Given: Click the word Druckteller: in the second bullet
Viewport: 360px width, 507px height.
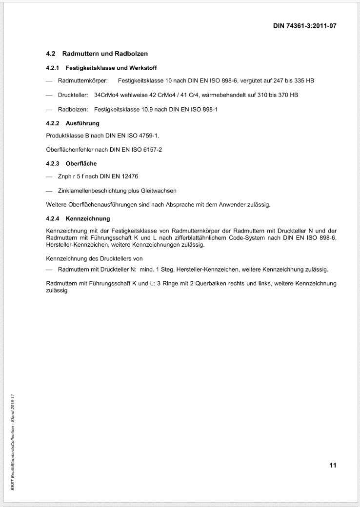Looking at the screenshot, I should tap(73, 95).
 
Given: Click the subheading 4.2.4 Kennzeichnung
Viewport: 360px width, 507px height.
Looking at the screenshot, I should tap(78, 218).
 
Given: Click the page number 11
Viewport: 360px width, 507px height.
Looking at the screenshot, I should tap(333, 465).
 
